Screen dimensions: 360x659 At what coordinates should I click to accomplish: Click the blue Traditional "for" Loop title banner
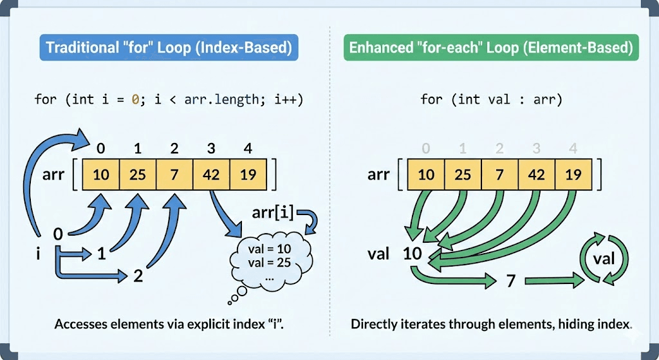(169, 47)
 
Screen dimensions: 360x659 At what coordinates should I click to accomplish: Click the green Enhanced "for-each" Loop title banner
(490, 47)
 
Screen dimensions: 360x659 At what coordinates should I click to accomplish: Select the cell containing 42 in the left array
(211, 175)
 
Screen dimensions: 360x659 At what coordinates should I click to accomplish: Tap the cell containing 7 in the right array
(499, 175)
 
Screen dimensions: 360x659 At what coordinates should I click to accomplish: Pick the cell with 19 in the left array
(248, 175)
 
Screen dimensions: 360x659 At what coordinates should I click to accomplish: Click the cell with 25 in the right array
(462, 175)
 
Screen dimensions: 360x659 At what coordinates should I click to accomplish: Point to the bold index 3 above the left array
(211, 149)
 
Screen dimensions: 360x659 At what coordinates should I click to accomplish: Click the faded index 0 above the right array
(425, 149)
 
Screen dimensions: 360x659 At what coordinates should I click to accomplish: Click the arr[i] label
(274, 211)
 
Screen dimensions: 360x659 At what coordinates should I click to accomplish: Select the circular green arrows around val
(604, 260)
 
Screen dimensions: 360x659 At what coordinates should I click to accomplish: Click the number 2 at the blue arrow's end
(138, 276)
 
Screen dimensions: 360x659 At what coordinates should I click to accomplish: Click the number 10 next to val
(412, 253)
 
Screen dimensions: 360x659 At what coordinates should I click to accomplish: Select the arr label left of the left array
(53, 174)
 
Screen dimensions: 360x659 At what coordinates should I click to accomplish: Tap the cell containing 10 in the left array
(100, 175)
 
